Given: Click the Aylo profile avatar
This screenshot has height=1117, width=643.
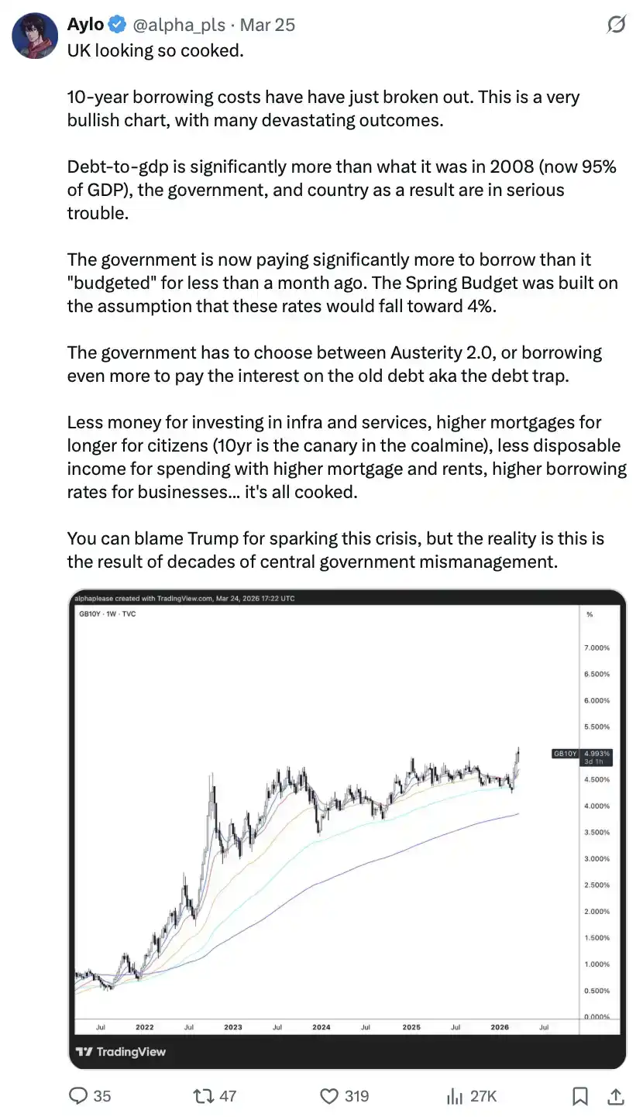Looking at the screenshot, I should [35, 36].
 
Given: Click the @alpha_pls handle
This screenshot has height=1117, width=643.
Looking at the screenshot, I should [179, 25].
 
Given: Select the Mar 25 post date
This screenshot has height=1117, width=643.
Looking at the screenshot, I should [267, 25].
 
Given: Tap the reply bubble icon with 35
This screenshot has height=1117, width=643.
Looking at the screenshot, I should [78, 1095].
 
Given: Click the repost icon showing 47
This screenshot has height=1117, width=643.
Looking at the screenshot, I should [203, 1095].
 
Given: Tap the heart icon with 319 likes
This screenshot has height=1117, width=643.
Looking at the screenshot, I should [330, 1095].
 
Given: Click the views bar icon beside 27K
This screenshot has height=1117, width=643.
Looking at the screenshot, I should [455, 1095].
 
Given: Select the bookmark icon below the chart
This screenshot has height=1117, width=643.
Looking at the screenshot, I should [579, 1095].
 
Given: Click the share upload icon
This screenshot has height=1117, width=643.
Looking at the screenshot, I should [617, 1095].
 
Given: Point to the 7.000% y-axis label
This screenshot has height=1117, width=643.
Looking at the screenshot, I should [597, 648].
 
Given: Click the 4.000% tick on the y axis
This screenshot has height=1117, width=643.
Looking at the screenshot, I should [597, 806].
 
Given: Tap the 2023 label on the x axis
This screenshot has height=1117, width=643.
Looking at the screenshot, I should [233, 1027].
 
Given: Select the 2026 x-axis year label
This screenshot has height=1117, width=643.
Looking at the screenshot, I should [500, 1027].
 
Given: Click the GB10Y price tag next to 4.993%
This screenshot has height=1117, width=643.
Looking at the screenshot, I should [565, 753].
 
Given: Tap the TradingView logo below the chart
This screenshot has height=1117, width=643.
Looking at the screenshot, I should [121, 1052].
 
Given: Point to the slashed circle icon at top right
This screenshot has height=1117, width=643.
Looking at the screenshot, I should [616, 26].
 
